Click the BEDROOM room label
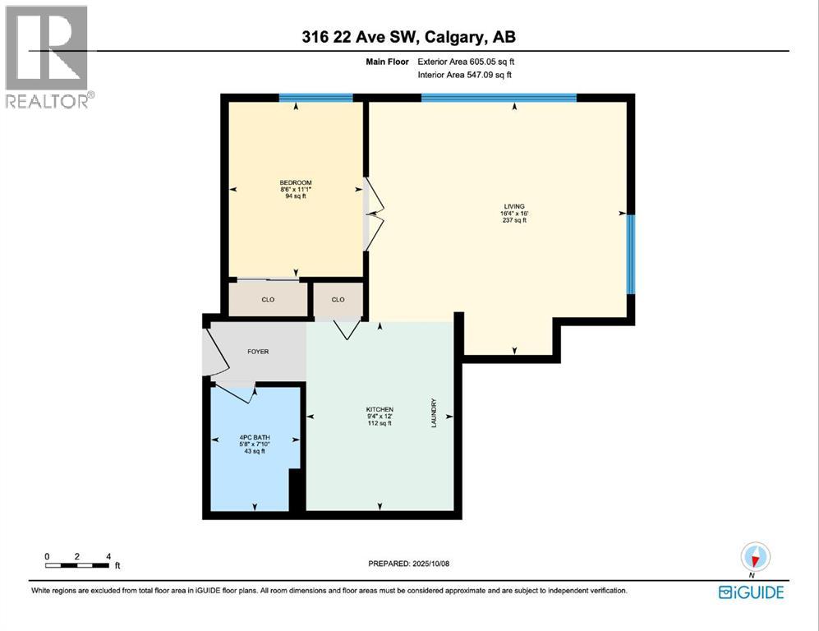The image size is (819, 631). pos(296,183)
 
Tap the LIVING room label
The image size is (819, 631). pos(514,206)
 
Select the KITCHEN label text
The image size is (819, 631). pos(380,409)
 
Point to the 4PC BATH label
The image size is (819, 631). pos(255,437)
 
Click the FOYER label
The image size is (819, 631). pos(258,352)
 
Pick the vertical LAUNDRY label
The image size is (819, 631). pos(433,413)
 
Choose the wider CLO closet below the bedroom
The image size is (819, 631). pos(268,300)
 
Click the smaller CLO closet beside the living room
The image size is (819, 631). pos(338,300)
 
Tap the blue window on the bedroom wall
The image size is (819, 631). pos(315,98)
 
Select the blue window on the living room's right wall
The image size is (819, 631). pos(630,253)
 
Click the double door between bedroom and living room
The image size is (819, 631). pos(374,214)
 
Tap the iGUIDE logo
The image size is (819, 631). pos(751,592)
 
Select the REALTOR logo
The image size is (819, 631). pos(48,57)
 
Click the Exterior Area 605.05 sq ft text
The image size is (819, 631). pos(467,62)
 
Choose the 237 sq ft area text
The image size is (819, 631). pos(514,220)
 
